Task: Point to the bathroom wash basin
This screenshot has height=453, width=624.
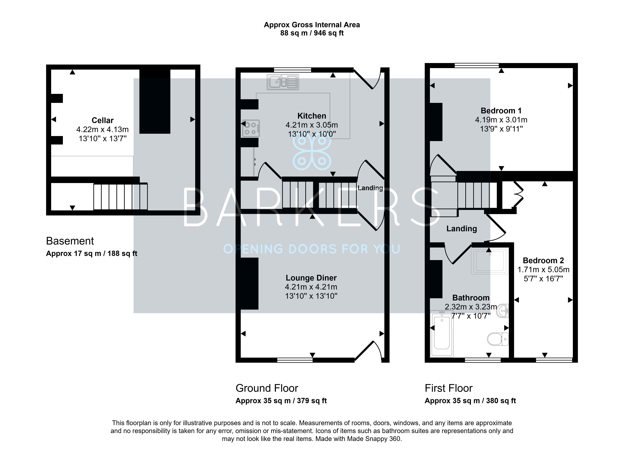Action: (x=503, y=311)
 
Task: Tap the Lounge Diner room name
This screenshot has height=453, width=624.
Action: (x=311, y=278)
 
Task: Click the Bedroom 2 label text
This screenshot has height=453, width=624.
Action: (x=543, y=260)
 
